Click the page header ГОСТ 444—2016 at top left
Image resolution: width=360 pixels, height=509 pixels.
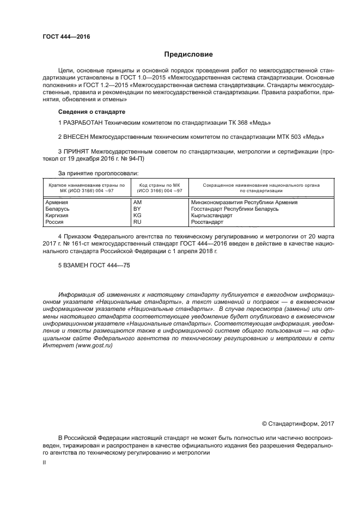(66, 37)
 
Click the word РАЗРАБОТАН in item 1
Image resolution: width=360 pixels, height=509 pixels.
(83, 123)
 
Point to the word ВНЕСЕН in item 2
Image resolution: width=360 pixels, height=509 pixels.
(77, 137)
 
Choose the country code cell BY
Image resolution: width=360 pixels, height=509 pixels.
(137, 209)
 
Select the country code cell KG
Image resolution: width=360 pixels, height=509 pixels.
(137, 216)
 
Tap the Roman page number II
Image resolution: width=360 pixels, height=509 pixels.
(45, 461)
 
